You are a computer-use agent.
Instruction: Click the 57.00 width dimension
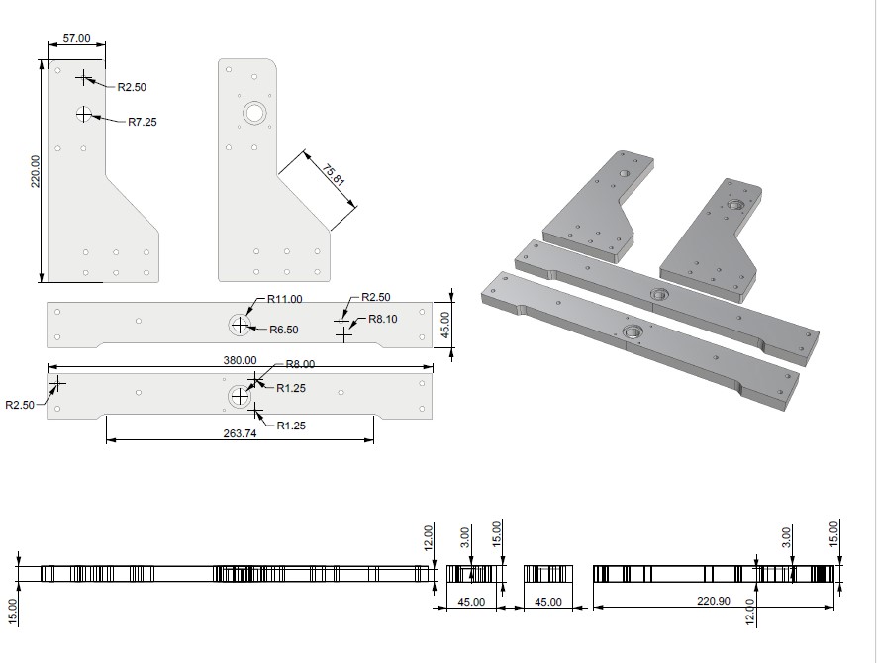click(x=76, y=38)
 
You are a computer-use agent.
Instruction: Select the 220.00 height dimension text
click(x=36, y=171)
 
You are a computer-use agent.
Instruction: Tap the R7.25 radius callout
click(x=143, y=122)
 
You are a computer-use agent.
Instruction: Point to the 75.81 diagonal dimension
click(x=334, y=174)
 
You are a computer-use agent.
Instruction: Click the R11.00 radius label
click(x=285, y=299)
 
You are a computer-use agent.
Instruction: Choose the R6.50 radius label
click(x=284, y=330)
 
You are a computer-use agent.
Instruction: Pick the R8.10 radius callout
click(x=383, y=320)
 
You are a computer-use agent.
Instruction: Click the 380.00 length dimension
click(x=240, y=360)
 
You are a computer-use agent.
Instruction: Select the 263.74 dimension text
click(x=240, y=433)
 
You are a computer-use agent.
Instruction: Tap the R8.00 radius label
click(x=300, y=364)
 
